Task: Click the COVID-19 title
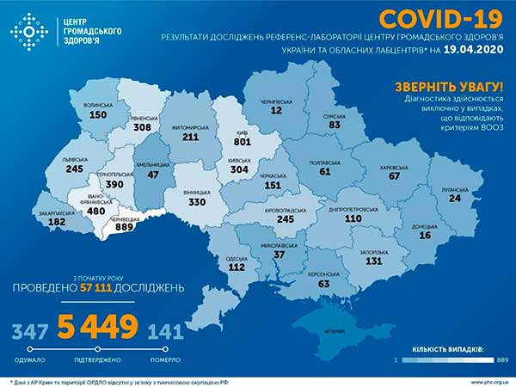[x=427, y=19]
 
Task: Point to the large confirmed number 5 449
[x=97, y=328]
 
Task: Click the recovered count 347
[x=30, y=331]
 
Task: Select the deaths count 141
[x=165, y=331]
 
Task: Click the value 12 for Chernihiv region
[x=275, y=110]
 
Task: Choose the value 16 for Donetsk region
[x=424, y=235]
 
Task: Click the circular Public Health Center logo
[x=29, y=32]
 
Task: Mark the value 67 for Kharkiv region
[x=395, y=175]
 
